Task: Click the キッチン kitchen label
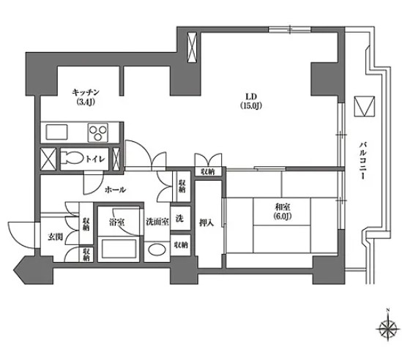[86, 91]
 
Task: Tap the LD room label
[251, 97]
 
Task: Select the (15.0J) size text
[251, 105]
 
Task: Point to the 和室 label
[282, 206]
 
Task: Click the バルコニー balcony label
[362, 160]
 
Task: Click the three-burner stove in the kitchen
[98, 132]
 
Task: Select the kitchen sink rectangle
[56, 132]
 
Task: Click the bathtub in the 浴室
[118, 248]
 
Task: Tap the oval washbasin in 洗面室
[157, 250]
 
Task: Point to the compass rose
[388, 329]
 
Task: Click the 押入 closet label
[206, 223]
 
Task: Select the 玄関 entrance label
[56, 237]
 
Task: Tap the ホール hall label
[115, 190]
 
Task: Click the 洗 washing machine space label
[179, 218]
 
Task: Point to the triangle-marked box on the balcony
[364, 106]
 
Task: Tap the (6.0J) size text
[282, 217]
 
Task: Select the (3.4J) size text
[86, 102]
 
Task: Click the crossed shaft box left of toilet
[48, 159]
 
